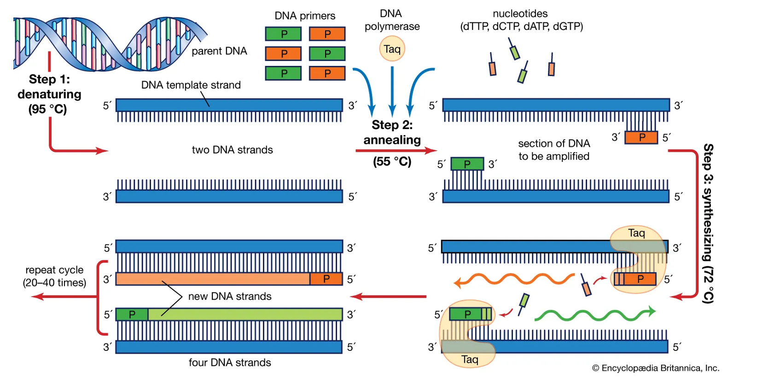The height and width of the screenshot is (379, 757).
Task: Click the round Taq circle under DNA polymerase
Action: (392, 49)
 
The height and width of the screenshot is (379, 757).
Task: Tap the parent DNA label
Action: (219, 51)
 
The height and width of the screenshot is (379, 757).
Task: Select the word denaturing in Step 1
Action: (49, 94)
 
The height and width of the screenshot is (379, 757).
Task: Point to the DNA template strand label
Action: (191, 85)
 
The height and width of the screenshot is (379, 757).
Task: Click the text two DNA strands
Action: (232, 150)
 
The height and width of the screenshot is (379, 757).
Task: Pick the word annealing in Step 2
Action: (392, 140)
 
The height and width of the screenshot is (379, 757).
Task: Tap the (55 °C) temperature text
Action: (392, 161)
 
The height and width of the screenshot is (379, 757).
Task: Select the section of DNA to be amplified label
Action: (554, 150)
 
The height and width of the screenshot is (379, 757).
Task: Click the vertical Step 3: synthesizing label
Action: (708, 223)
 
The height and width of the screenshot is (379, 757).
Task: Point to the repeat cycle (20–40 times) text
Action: (54, 276)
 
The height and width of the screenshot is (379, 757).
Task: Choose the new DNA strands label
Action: (230, 296)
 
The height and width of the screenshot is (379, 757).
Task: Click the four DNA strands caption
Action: (230, 362)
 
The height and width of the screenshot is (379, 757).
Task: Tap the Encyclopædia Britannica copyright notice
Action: (655, 368)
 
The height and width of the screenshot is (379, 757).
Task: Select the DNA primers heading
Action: (305, 16)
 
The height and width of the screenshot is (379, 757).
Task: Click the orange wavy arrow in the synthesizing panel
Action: (513, 279)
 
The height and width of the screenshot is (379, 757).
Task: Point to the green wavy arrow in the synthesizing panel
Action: (594, 315)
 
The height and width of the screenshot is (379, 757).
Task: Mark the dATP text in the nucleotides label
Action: (536, 26)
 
